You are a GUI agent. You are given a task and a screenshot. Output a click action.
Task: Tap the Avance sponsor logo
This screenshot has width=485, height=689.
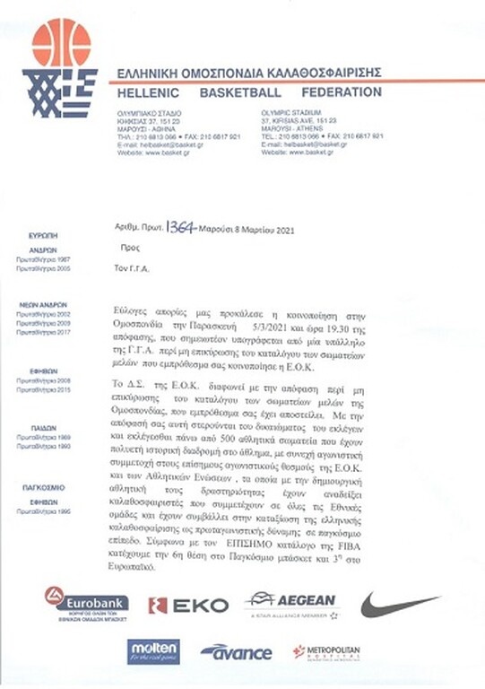click(x=236, y=651)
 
